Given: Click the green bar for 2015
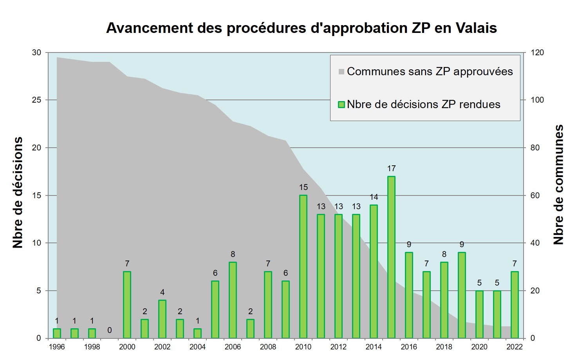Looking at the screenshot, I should click(391, 257).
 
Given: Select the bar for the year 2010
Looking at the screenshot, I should click(303, 266).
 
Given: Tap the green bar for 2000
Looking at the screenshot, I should click(127, 305).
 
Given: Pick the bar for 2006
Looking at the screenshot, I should click(233, 300).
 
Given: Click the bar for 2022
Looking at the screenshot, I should click(515, 305).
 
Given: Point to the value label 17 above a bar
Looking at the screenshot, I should click(391, 168).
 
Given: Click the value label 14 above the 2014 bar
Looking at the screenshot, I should click(374, 197).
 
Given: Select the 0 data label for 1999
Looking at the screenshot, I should click(110, 330).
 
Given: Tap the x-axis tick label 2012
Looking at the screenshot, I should click(338, 347).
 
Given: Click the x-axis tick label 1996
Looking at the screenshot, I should click(57, 347).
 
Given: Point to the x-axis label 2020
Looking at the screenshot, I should click(479, 347).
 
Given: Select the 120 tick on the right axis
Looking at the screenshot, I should click(537, 52).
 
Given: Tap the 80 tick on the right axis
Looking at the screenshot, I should click(535, 148).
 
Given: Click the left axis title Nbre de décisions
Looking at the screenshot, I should click(18, 193).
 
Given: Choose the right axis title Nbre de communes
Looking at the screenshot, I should click(558, 185).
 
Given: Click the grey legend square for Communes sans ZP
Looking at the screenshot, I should click(341, 72).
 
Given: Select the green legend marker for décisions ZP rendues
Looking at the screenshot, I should click(341, 105).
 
